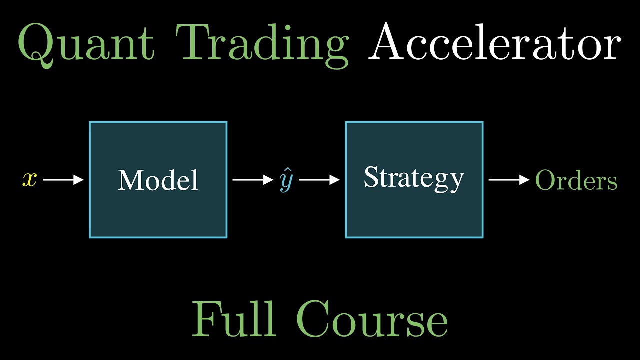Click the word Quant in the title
(85, 45)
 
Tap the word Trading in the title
(265, 45)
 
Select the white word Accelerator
(495, 44)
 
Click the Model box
(158, 210)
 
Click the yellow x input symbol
(29, 179)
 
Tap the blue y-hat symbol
(286, 182)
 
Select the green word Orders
(576, 180)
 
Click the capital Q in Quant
(35, 45)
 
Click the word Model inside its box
(158, 180)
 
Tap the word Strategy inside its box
(414, 178)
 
